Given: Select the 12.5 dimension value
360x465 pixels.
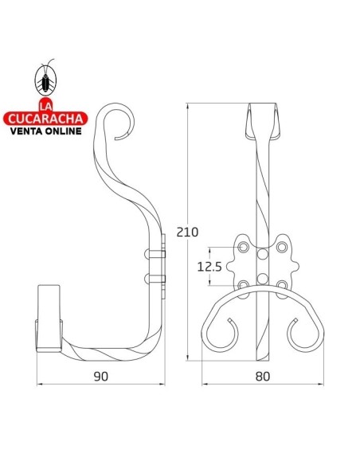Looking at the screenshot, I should [209, 267].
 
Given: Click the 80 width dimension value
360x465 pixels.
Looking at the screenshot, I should [263, 375].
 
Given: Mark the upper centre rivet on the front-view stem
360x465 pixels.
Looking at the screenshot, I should [262, 256].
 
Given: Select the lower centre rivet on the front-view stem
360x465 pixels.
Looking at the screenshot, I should [262, 278].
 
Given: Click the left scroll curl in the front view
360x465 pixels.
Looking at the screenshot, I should [225, 334].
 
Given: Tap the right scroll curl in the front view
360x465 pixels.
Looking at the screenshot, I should [299, 334].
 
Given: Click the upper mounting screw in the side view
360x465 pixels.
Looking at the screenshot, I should [153, 255].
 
